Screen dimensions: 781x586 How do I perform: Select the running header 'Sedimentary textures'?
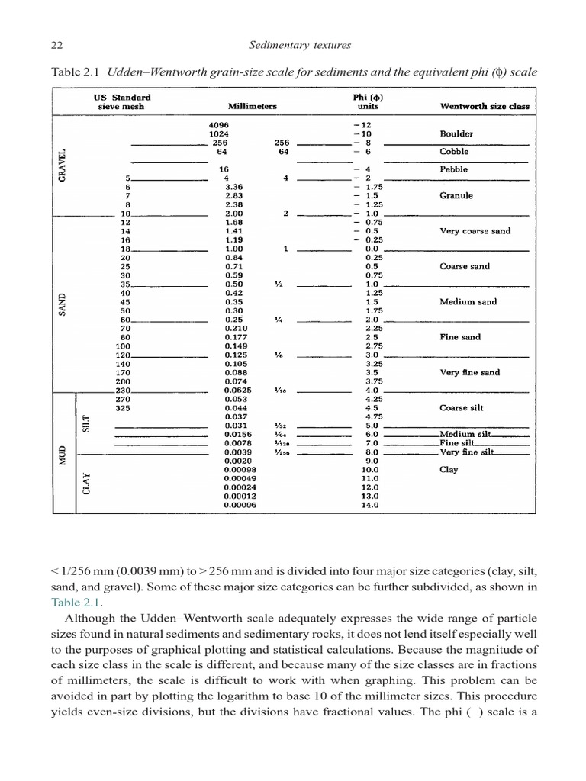click(x=300, y=45)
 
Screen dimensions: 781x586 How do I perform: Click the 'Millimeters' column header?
click(x=252, y=107)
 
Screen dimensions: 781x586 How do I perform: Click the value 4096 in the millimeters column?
click(x=218, y=124)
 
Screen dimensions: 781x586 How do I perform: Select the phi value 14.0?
click(x=369, y=505)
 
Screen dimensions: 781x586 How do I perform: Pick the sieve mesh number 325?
click(x=122, y=408)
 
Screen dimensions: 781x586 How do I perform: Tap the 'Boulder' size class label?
click(x=456, y=133)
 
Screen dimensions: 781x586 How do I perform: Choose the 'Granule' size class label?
click(x=456, y=196)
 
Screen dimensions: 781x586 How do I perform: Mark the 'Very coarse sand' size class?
click(x=475, y=231)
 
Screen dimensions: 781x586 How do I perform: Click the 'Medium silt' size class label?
click(x=465, y=434)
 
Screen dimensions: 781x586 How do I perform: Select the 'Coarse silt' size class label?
click(x=462, y=408)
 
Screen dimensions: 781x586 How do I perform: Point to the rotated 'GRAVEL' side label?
click(x=63, y=166)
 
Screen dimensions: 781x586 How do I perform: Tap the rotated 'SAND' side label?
click(x=63, y=303)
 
